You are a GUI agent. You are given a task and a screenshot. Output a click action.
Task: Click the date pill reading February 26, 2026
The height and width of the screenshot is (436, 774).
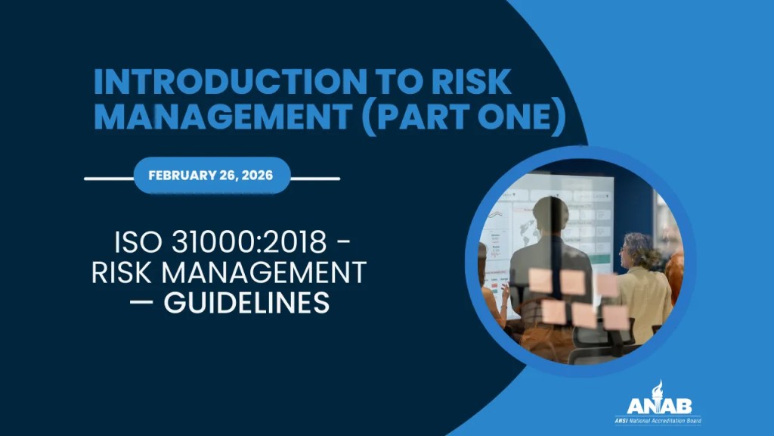(212, 175)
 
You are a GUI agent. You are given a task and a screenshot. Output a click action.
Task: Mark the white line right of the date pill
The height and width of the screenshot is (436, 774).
(315, 179)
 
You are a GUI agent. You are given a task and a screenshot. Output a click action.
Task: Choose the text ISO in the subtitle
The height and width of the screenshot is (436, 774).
(137, 244)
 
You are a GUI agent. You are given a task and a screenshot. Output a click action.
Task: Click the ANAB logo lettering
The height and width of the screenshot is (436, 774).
(658, 405)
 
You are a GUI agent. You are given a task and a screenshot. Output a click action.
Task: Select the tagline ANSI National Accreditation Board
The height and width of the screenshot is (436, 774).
(657, 419)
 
